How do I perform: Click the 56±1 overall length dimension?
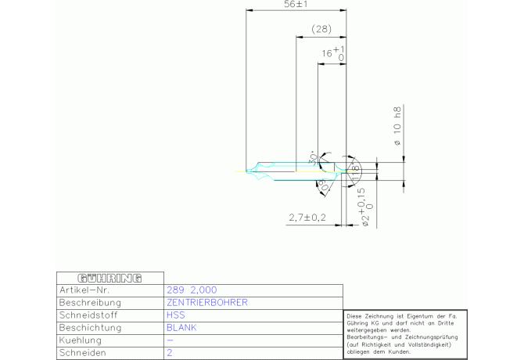296,5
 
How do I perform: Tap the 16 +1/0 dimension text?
333,53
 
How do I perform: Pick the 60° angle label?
322,185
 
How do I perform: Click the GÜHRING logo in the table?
109,278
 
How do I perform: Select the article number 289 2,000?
192,290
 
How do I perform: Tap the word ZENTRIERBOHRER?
207,302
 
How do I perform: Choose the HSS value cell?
176,315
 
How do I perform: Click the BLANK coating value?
181,328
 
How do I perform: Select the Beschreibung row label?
91,302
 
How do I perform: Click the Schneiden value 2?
170,353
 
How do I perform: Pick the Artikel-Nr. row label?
84,290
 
